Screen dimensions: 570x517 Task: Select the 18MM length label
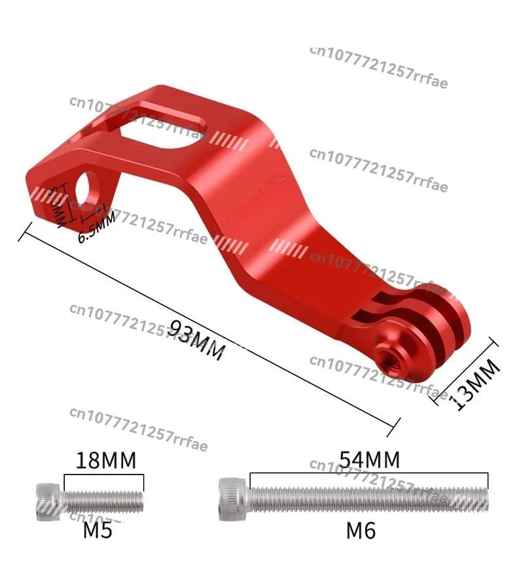coord(106,460)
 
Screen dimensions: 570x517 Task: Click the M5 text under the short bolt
coord(98,530)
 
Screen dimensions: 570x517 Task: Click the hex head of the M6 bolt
coord(233,498)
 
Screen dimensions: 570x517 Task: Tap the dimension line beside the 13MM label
coord(466,371)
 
